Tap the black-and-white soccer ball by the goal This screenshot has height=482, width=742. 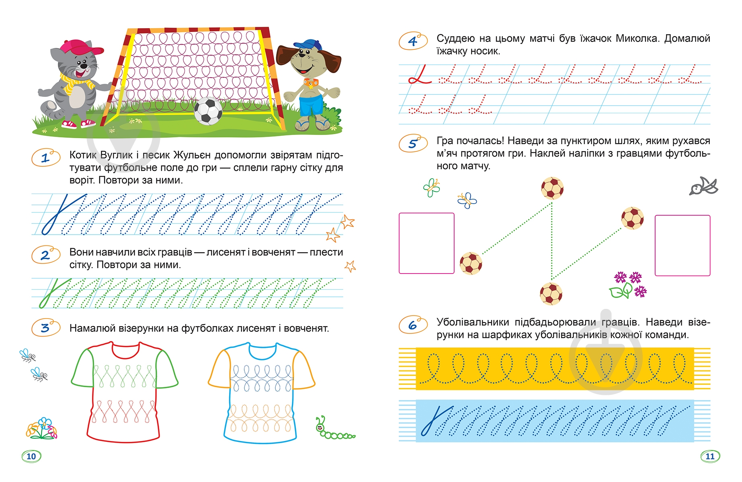[208, 111]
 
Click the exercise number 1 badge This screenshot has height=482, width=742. [46, 158]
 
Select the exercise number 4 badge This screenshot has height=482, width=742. [413, 41]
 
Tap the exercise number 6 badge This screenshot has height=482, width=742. [413, 325]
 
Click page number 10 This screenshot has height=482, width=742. [31, 456]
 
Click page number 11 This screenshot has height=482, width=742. [710, 456]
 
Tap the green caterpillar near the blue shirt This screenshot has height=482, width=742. [334, 429]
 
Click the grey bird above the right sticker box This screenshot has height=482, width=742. [703, 186]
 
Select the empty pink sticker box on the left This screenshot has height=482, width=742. [426, 243]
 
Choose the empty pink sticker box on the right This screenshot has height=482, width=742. [683, 245]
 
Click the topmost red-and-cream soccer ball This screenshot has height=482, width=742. [552, 188]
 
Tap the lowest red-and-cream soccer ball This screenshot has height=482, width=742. [551, 294]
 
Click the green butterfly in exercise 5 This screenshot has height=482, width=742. [432, 188]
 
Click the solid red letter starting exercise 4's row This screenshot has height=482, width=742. [419, 75]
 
